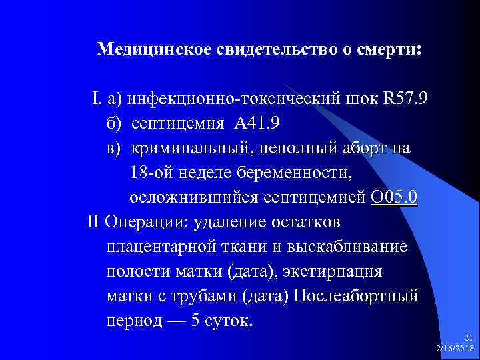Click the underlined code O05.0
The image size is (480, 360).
[x=394, y=197]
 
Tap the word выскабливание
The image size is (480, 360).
[x=348, y=247]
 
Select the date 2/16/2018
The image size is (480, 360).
[x=455, y=349]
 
